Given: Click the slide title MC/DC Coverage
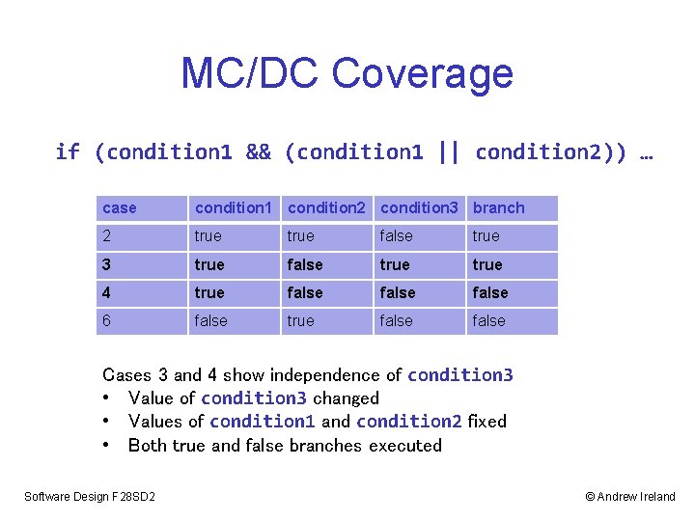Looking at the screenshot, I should pyautogui.click(x=347, y=73).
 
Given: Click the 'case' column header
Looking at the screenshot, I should pyautogui.click(x=120, y=208).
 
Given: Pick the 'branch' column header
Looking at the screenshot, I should pyautogui.click(x=498, y=208).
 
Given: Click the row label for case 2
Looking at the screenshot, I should pyautogui.click(x=107, y=236).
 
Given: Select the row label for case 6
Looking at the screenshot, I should pyautogui.click(x=107, y=320).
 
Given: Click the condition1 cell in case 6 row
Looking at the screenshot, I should pyautogui.click(x=210, y=320).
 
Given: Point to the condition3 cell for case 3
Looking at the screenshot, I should pyautogui.click(x=395, y=264).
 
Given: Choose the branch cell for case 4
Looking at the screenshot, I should pyautogui.click(x=489, y=292).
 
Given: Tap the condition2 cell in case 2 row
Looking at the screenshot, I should pyautogui.click(x=301, y=236).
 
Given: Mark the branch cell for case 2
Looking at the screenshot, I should pyautogui.click(x=486, y=236).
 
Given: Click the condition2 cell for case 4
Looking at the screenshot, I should pyautogui.click(x=305, y=292).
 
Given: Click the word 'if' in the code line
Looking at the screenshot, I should pyautogui.click(x=68, y=152).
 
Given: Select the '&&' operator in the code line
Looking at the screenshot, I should pyautogui.click(x=259, y=152).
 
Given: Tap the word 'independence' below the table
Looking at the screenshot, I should pyautogui.click(x=324, y=375).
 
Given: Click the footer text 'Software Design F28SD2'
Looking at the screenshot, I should pyautogui.click(x=90, y=497).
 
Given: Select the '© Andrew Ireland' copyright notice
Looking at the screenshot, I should pyautogui.click(x=630, y=497).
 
